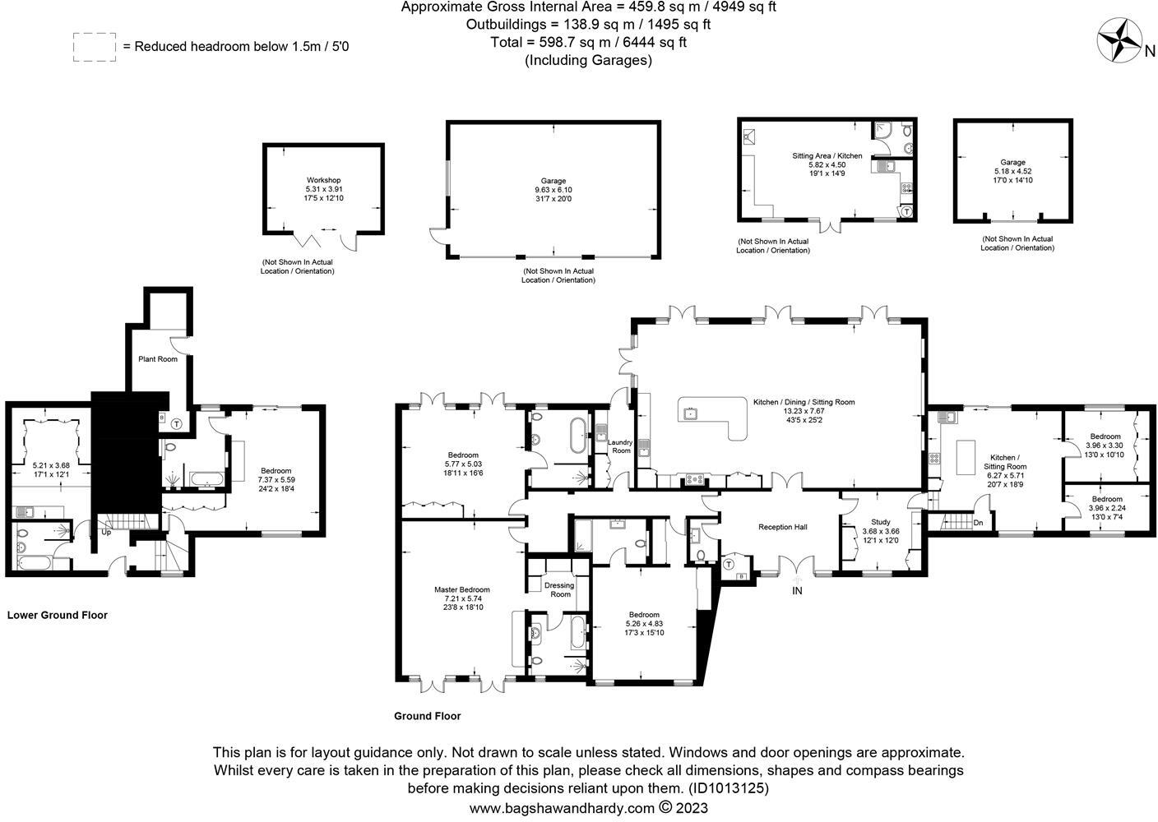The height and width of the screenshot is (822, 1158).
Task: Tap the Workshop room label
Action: (x=323, y=180)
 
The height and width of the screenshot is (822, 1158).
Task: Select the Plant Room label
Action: (x=157, y=359)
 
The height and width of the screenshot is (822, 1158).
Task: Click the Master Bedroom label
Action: (x=461, y=589)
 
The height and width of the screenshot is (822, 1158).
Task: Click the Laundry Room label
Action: (x=619, y=446)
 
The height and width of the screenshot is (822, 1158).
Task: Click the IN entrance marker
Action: (x=796, y=591)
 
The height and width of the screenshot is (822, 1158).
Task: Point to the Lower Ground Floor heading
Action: (x=58, y=615)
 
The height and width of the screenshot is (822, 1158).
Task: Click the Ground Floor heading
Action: (x=427, y=716)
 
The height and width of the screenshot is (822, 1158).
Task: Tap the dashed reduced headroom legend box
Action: (x=94, y=47)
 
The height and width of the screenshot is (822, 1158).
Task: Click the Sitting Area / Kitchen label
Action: (x=827, y=155)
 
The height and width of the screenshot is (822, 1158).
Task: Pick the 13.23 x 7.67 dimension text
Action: (x=804, y=411)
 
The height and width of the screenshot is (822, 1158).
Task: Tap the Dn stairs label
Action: (x=978, y=523)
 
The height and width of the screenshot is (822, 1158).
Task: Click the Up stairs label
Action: (x=106, y=532)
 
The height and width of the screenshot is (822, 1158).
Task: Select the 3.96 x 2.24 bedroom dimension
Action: (x=1106, y=508)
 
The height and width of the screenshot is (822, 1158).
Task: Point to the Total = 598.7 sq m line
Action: (x=588, y=42)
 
